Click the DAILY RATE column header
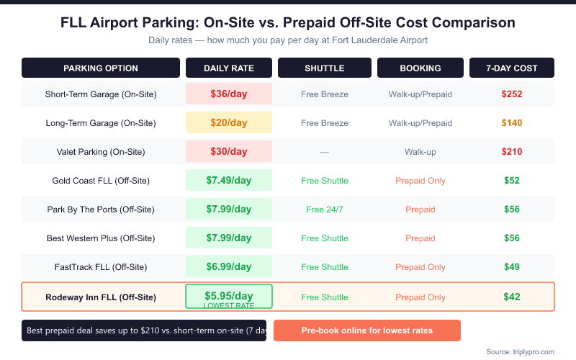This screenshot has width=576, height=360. tap(229, 68)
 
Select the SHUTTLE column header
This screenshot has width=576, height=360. tap(325, 68)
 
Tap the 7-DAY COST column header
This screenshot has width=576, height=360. tap(512, 68)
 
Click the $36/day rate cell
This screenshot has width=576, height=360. tap(229, 94)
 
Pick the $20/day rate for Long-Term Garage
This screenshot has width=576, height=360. tap(229, 122)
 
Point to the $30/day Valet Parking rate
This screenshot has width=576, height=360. tap(229, 151)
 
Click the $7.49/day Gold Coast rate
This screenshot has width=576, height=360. tap(229, 180)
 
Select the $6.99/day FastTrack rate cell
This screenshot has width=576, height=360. tap(229, 266)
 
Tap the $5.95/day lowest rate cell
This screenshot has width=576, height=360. tap(229, 297)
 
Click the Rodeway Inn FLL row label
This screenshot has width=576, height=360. tap(101, 297)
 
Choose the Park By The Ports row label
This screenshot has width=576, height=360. tap(101, 210)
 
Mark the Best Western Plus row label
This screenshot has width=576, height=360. tap(101, 238)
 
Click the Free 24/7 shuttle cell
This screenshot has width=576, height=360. tap(325, 210)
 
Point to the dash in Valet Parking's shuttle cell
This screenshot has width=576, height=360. tap(325, 152)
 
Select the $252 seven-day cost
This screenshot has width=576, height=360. tap(512, 94)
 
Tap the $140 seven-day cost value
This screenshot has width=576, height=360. tap(512, 122)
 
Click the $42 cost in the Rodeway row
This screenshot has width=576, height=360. tap(512, 297)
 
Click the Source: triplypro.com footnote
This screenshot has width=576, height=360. tap(520, 351)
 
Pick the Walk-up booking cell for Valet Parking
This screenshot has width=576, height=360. tap(420, 152)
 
